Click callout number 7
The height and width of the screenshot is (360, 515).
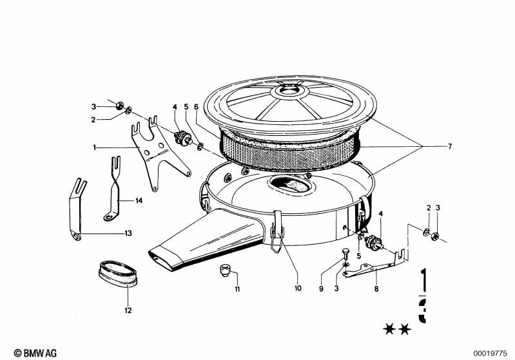[450, 146]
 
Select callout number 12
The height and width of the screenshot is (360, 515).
[128, 310]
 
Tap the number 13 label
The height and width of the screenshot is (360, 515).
[128, 233]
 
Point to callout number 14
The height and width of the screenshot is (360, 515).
[139, 200]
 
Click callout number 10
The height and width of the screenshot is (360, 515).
[298, 288]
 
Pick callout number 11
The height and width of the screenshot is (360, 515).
[237, 289]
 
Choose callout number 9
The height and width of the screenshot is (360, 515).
[321, 289]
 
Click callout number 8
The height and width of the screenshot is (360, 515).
[376, 289]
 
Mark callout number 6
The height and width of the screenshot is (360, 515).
[196, 107]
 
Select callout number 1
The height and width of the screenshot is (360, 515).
[95, 148]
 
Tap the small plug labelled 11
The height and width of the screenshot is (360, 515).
[225, 270]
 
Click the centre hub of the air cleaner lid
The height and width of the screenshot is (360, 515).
[289, 89]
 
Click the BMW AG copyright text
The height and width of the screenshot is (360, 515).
[35, 353]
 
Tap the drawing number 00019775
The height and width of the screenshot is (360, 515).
[490, 354]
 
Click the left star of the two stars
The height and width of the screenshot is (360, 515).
[389, 329]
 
